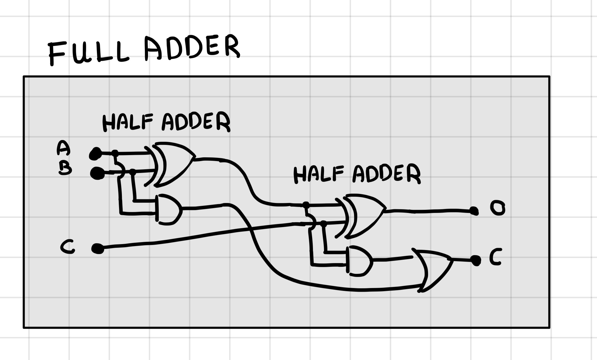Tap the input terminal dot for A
(x=96, y=154)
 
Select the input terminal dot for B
(x=97, y=173)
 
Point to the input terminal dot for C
(x=98, y=249)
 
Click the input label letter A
(x=63, y=148)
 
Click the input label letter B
(x=65, y=169)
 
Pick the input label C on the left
(x=67, y=246)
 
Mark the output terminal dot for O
(x=473, y=211)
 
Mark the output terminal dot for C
(x=476, y=260)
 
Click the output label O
(x=497, y=208)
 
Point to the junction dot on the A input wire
(x=115, y=153)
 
